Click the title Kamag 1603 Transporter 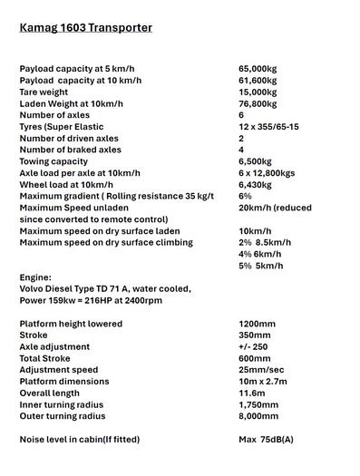(x=85, y=28)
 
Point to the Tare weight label (x=49, y=92)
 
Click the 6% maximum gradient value (x=245, y=196)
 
